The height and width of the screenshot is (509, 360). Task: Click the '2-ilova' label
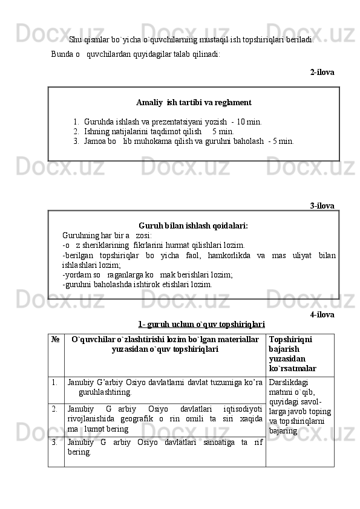coord(322,72)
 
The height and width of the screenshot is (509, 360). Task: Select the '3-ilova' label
coord(322,206)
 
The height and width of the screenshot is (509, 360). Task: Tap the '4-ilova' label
coord(322,315)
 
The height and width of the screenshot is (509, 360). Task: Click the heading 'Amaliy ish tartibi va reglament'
coord(194,103)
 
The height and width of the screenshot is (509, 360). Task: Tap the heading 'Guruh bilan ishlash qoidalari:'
coord(193,225)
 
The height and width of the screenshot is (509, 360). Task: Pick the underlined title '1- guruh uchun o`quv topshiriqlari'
coord(201,325)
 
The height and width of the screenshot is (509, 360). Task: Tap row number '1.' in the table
coord(55,382)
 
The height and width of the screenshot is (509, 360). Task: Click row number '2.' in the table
coord(55,409)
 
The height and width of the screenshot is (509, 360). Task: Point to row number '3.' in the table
coord(55,441)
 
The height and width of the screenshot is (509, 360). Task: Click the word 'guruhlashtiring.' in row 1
coord(105,392)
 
